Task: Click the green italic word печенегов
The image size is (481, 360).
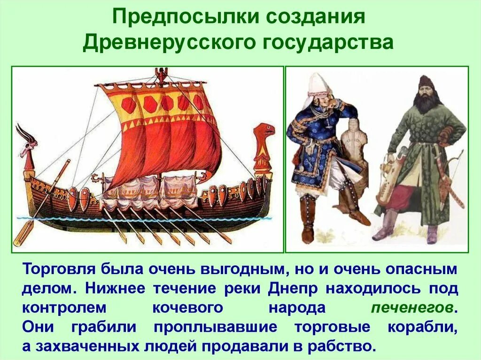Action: tap(412, 308)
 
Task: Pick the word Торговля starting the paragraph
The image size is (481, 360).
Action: tap(59, 269)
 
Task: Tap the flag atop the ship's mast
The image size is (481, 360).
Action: tap(162, 74)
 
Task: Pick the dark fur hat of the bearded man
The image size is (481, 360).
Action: tap(425, 81)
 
